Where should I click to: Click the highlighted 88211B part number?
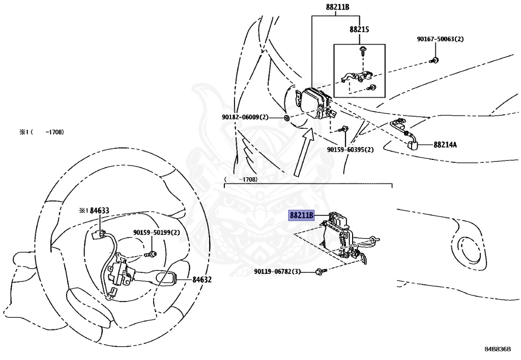(x=301, y=215)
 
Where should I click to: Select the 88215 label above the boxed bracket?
(x=359, y=30)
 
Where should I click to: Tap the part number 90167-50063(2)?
(x=441, y=39)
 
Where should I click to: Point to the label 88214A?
(x=445, y=145)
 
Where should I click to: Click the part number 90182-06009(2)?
(x=245, y=117)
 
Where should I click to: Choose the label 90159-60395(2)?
(x=350, y=150)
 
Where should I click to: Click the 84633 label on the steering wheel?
(x=94, y=210)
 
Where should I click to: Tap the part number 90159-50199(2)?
(x=157, y=233)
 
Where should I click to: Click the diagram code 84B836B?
(x=497, y=349)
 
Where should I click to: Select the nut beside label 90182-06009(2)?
(x=287, y=118)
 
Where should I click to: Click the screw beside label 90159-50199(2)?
(x=152, y=254)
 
